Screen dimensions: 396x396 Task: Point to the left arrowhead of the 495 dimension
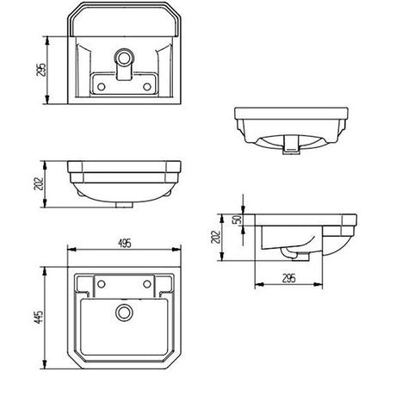[x=70, y=251]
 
